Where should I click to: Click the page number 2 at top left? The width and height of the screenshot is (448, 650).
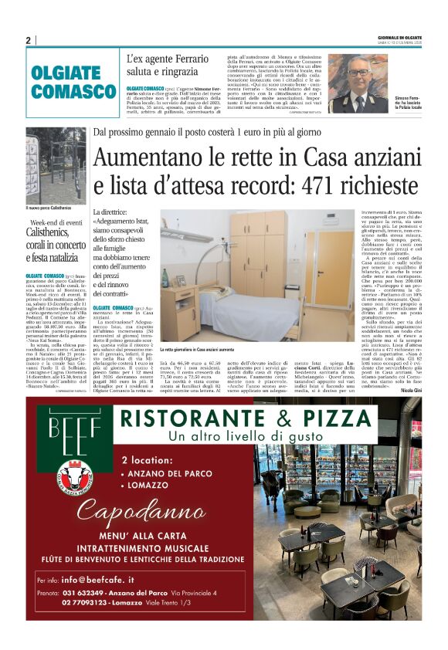click(x=29, y=40)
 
